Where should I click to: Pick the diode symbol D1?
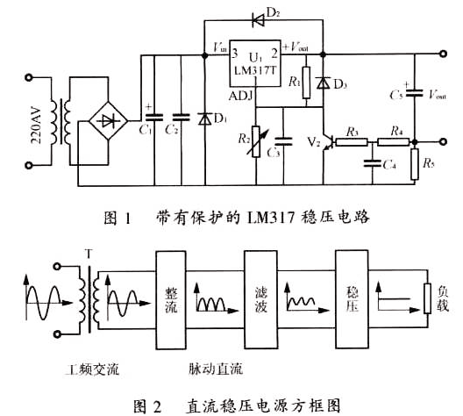tap(208, 118)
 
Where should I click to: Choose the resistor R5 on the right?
tap(415, 164)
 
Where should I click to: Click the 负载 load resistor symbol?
tap(427, 299)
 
